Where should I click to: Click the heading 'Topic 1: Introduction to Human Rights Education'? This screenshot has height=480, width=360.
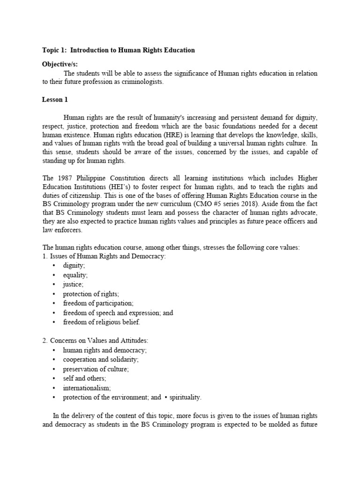118,50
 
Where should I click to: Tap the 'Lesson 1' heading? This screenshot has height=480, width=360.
55,99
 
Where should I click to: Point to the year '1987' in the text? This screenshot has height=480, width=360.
62,179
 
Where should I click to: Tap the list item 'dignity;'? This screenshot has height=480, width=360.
74,265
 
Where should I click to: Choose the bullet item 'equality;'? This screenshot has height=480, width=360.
75,275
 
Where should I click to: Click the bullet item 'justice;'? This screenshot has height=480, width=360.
74,284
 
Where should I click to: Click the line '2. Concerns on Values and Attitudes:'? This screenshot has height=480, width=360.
95,340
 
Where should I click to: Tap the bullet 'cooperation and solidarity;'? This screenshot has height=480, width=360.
100,360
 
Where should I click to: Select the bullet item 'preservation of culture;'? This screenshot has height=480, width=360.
96,369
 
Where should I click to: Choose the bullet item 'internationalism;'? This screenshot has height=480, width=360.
87,388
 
